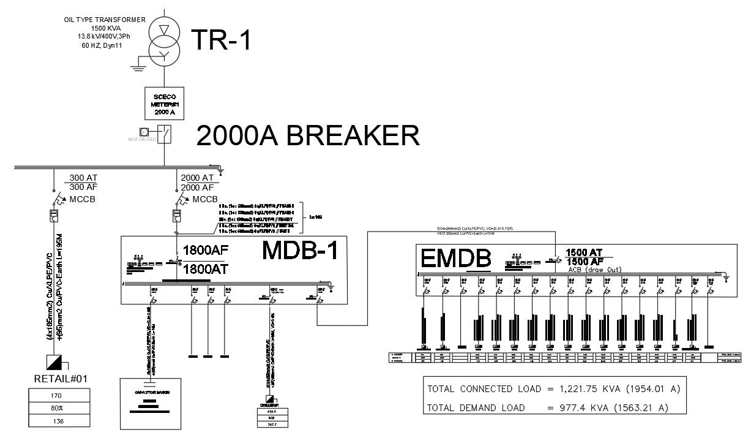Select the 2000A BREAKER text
(308, 135)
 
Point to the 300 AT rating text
(83, 178)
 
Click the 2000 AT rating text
(197, 178)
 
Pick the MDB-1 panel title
(300, 251)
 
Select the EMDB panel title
(456, 259)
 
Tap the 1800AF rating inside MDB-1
(205, 251)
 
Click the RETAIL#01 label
(61, 379)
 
